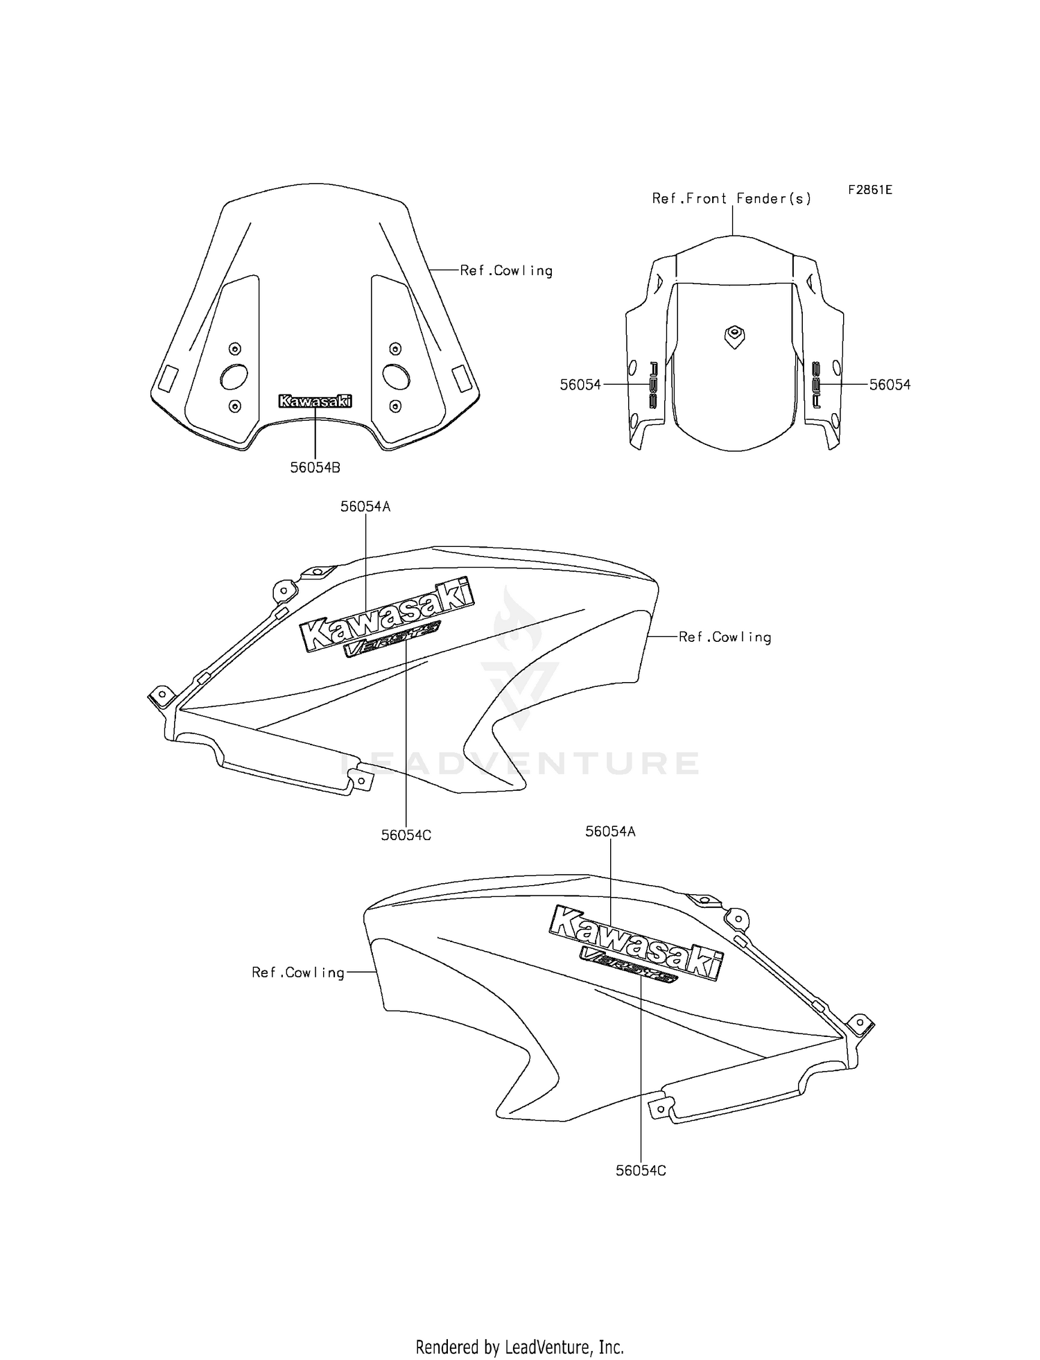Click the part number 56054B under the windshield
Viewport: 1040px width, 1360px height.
coord(315,468)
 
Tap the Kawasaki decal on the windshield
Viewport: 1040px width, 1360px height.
coord(315,401)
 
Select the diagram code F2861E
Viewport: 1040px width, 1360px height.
coord(869,189)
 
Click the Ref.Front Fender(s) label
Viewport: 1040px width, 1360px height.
coord(731,199)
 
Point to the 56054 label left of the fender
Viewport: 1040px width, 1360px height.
coord(580,385)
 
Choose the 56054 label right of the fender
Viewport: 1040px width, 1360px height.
coord(890,385)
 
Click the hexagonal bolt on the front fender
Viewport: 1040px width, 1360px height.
coord(733,336)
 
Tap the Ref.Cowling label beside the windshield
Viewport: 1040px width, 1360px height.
coord(506,271)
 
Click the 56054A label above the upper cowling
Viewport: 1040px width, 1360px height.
coord(365,507)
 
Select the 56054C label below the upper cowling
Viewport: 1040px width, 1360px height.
coord(406,835)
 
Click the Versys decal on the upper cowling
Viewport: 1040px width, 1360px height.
coord(392,639)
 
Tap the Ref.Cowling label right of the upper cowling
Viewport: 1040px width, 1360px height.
coord(725,637)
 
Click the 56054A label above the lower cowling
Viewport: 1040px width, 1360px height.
coord(610,831)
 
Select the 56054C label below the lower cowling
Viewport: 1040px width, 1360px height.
coord(641,1170)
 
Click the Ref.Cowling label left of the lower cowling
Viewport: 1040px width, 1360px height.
coord(298,973)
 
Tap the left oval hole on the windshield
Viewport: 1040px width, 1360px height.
coord(234,376)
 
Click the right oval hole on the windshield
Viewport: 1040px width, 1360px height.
coord(396,376)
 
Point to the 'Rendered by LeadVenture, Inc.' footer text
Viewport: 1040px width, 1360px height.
coord(519,1347)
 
